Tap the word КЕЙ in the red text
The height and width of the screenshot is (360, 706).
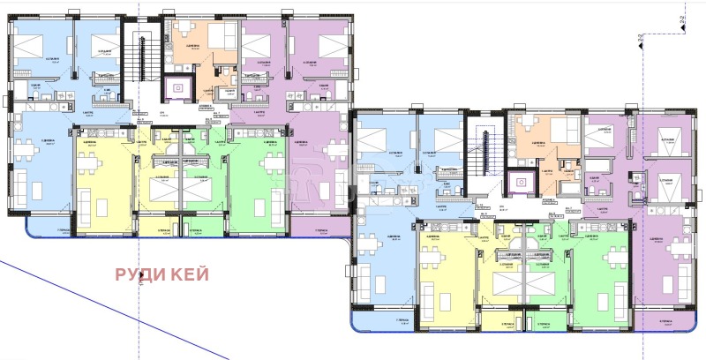pos(192,274)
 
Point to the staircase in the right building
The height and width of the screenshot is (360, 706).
pos(484,150)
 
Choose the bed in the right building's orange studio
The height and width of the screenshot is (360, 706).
pos(562,132)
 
